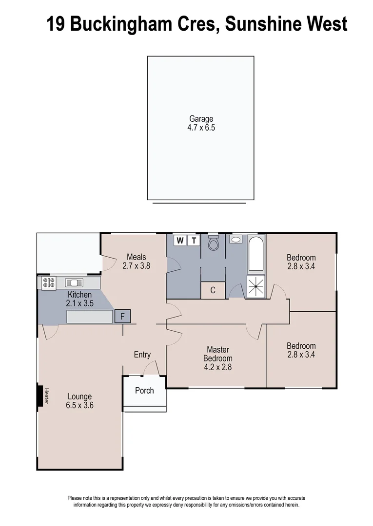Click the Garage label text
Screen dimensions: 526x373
click(x=201, y=118)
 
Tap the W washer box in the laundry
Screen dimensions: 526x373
click(x=180, y=240)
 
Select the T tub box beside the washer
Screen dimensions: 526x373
click(x=194, y=240)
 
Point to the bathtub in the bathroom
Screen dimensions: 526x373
click(x=256, y=254)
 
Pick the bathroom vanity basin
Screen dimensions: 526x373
click(x=236, y=240)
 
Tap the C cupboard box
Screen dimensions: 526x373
click(x=213, y=290)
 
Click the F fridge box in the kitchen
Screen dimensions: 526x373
click(x=123, y=317)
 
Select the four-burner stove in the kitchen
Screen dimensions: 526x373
click(x=48, y=283)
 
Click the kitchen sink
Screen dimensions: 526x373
click(x=74, y=282)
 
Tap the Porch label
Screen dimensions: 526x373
click(x=144, y=391)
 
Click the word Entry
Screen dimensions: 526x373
click(x=142, y=355)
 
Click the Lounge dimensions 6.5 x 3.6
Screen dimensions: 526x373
click(x=79, y=405)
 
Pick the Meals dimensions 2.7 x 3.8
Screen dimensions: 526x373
click(x=137, y=266)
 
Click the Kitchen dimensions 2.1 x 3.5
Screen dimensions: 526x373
click(x=80, y=303)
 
